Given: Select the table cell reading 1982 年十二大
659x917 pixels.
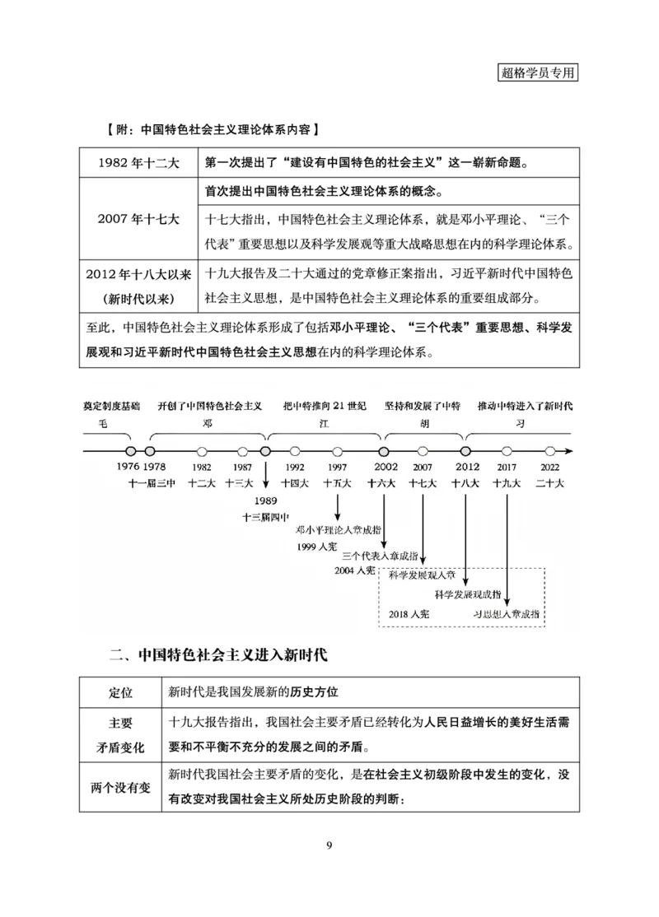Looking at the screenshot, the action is [138, 162].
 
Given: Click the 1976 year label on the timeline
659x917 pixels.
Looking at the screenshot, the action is [129, 467].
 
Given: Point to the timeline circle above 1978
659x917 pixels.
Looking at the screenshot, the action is [149, 451].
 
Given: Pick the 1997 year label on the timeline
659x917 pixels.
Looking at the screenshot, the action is [337, 467].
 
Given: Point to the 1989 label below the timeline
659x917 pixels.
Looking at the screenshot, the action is [265, 500].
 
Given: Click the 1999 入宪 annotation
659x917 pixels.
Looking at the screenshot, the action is [317, 546].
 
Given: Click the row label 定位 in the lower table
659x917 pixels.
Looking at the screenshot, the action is [121, 691].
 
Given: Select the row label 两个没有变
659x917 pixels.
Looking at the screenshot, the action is [121, 787].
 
